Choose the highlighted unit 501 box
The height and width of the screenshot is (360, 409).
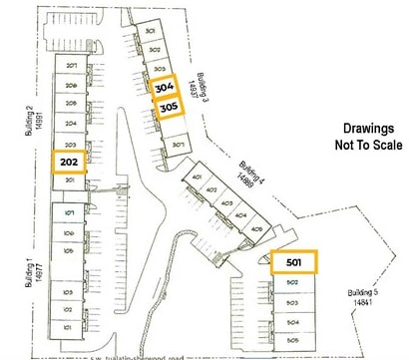pos(293,262)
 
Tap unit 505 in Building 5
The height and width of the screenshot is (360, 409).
pos(293,340)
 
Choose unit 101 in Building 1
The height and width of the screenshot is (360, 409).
pos(68,326)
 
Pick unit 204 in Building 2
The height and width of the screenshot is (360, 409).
pos(71,124)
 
